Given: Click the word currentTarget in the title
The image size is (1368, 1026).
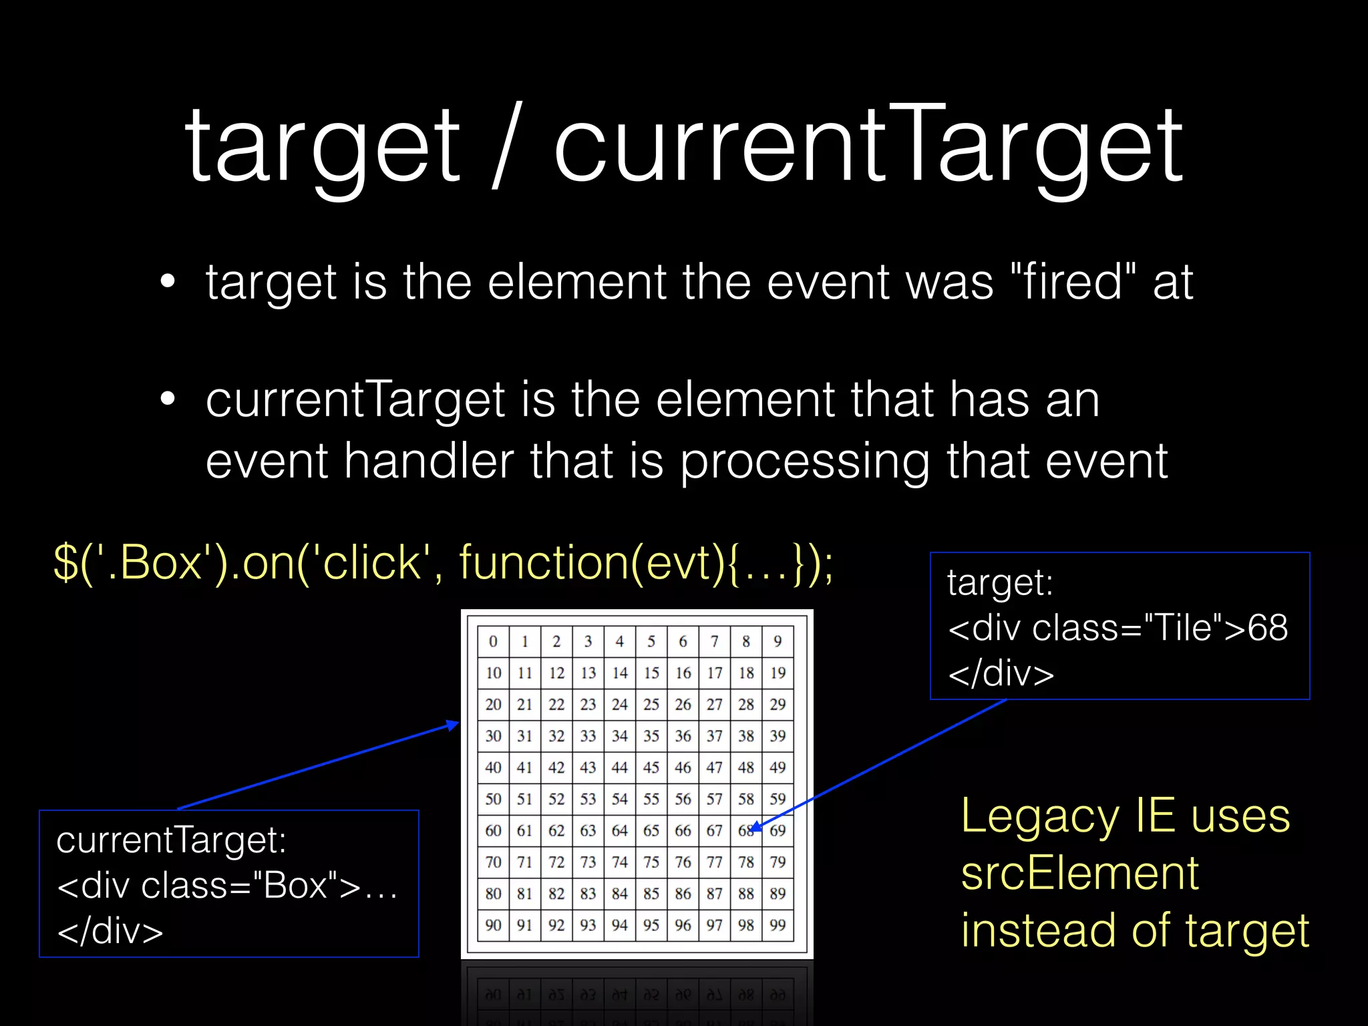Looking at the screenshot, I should tap(868, 146).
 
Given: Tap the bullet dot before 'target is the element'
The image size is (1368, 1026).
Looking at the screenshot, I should tap(168, 282).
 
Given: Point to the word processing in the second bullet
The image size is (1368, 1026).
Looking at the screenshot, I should tap(805, 462).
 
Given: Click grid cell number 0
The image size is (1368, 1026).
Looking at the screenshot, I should tap(493, 641).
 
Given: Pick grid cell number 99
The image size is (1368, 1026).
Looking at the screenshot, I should tap(778, 925).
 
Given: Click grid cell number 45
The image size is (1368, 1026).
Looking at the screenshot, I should tap(651, 767).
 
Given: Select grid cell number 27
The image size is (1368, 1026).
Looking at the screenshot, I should tap(715, 704).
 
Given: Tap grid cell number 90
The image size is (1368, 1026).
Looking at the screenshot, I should tap(493, 925).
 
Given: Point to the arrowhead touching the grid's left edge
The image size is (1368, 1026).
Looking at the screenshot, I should tap(454, 725).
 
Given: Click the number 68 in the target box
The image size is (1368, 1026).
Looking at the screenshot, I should tap(1267, 628).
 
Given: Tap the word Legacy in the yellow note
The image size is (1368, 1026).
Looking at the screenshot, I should tap(1039, 816).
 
